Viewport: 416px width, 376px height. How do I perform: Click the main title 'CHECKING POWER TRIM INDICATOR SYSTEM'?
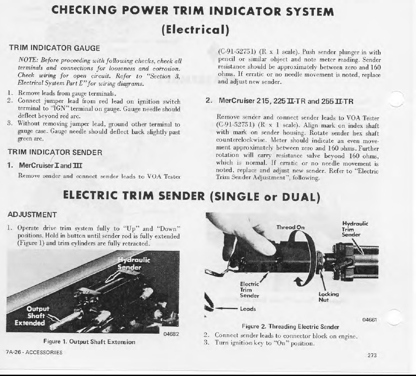click(x=193, y=12)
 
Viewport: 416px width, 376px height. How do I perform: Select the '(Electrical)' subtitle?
click(x=195, y=30)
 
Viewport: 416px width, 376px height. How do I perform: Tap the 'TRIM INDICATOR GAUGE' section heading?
click(x=55, y=48)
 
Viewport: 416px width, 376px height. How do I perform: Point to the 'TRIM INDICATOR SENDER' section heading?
click(x=55, y=152)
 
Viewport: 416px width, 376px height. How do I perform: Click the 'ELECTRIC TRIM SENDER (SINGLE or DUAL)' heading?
click(x=192, y=197)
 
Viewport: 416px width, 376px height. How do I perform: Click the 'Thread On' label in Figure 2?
click(x=291, y=227)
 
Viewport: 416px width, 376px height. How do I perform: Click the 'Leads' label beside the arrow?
click(x=248, y=309)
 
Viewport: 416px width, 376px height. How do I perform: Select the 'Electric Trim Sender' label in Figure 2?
click(x=250, y=290)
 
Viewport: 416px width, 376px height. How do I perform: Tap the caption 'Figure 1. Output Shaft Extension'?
click(x=89, y=342)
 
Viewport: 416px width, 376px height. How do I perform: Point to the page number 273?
click(x=372, y=355)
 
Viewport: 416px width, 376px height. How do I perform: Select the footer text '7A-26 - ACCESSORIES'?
click(x=34, y=352)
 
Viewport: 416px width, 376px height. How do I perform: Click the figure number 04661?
click(x=369, y=320)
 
